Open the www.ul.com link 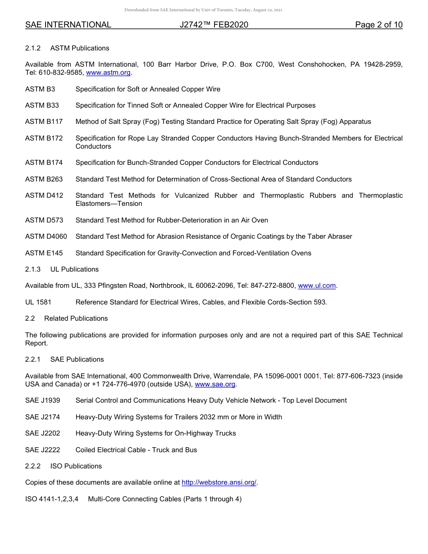[317, 286]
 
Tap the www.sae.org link [215, 384]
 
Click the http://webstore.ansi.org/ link [219, 482]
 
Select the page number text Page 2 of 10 [378, 25]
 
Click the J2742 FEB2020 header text [214, 25]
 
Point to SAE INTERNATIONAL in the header [68, 25]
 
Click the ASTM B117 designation [44, 122]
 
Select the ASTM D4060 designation [46, 236]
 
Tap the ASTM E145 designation [44, 253]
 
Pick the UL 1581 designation [38, 302]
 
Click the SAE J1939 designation [43, 400]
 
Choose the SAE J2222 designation [43, 450]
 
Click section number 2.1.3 [33, 269]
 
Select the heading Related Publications [76, 318]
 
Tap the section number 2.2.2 [33, 466]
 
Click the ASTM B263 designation [44, 179]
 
